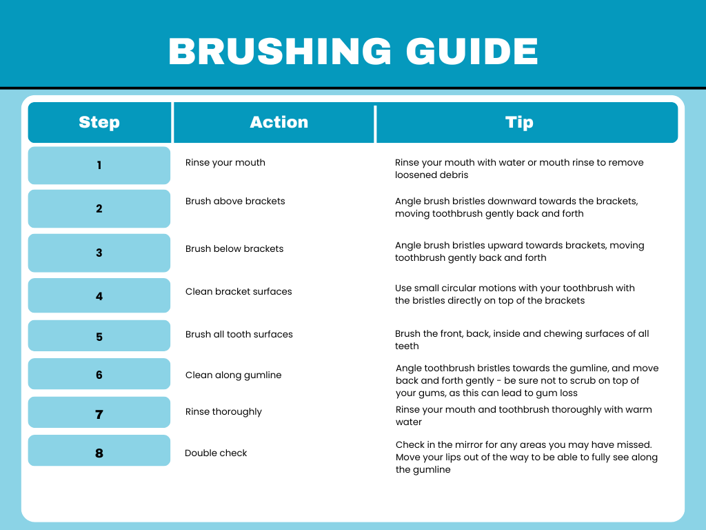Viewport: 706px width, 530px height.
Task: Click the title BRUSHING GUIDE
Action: click(353, 52)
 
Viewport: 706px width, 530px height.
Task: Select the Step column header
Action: click(99, 123)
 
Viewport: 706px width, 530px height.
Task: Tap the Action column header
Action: click(279, 123)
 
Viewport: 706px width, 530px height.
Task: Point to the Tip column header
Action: click(519, 123)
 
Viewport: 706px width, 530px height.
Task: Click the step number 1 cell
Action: click(99, 166)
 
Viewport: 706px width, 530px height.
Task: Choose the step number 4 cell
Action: click(99, 296)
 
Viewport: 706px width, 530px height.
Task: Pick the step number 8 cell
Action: click(99, 453)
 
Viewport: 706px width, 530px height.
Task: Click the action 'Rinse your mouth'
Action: click(225, 163)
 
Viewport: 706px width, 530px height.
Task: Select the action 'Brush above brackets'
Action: click(235, 202)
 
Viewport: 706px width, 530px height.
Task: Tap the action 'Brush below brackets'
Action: click(234, 248)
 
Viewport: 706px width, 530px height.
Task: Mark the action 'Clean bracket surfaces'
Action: click(239, 292)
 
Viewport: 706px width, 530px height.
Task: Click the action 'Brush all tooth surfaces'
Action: click(239, 335)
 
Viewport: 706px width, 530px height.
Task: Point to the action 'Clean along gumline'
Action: click(234, 375)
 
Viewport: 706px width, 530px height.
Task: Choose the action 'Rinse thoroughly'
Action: click(224, 412)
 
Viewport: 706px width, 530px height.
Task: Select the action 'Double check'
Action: click(216, 453)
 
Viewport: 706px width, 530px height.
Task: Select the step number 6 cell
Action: click(99, 375)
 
